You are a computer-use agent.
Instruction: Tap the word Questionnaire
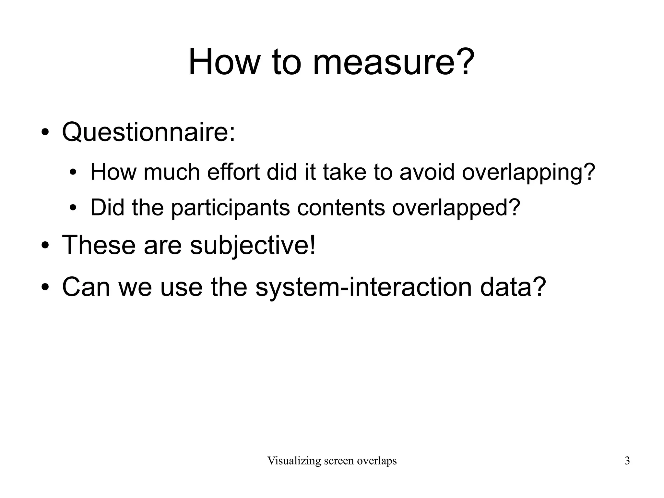point(148,132)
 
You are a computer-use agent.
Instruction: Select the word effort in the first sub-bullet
point(233,172)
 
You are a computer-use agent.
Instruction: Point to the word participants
point(230,208)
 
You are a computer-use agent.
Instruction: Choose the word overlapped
point(456,208)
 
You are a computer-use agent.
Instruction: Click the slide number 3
point(627,461)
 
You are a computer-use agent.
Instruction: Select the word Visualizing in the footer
point(294,461)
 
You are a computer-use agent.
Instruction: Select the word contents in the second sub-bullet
point(341,207)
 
